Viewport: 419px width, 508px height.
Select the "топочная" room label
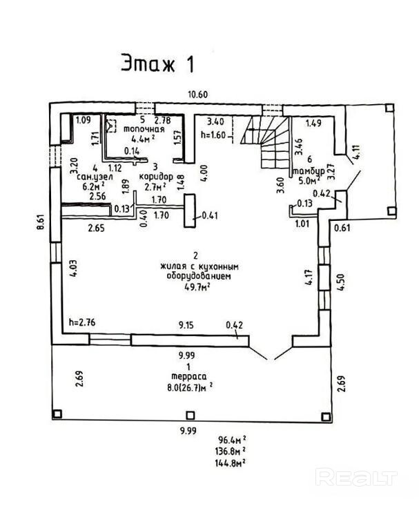144,129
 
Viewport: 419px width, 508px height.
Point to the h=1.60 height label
213,135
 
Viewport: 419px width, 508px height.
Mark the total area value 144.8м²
233,463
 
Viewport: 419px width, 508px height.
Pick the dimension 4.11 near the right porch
355,152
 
